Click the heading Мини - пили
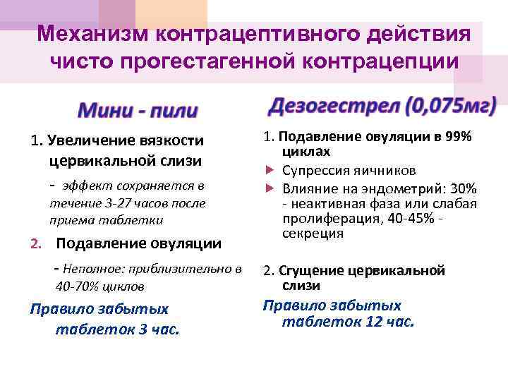[138, 111]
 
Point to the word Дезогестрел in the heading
[331, 107]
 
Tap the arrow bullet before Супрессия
[269, 171]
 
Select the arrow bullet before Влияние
[269, 189]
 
